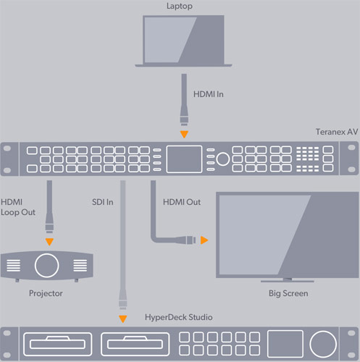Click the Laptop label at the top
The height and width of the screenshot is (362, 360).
pos(180,6)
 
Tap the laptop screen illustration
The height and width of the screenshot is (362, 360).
pos(183,39)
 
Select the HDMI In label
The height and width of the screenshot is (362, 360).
pos(209,94)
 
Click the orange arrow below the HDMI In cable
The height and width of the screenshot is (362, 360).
pos(184,134)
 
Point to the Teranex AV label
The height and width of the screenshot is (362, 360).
pos(337,132)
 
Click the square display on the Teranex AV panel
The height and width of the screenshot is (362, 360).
pos(184,159)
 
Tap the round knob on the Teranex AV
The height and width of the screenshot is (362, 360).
pos(222,159)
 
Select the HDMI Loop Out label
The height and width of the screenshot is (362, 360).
pos(18,207)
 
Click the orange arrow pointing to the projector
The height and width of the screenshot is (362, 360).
pos(49,242)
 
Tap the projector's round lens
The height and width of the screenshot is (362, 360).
pos(47,265)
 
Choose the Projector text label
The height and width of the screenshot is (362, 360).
pos(46,293)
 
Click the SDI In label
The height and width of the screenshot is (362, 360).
pos(103,202)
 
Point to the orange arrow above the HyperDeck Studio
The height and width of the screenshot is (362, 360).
pos(123,319)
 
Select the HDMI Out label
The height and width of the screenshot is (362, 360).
pos(182,202)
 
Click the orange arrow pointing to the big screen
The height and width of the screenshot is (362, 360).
pos(204,240)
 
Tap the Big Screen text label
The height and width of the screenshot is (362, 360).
pos(288,293)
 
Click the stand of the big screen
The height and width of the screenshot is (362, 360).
pos(288,280)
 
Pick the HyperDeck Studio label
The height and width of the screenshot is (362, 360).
pos(179,317)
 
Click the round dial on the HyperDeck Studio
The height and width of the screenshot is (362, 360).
pos(323,345)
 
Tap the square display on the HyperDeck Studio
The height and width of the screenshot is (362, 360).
pos(285,344)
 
